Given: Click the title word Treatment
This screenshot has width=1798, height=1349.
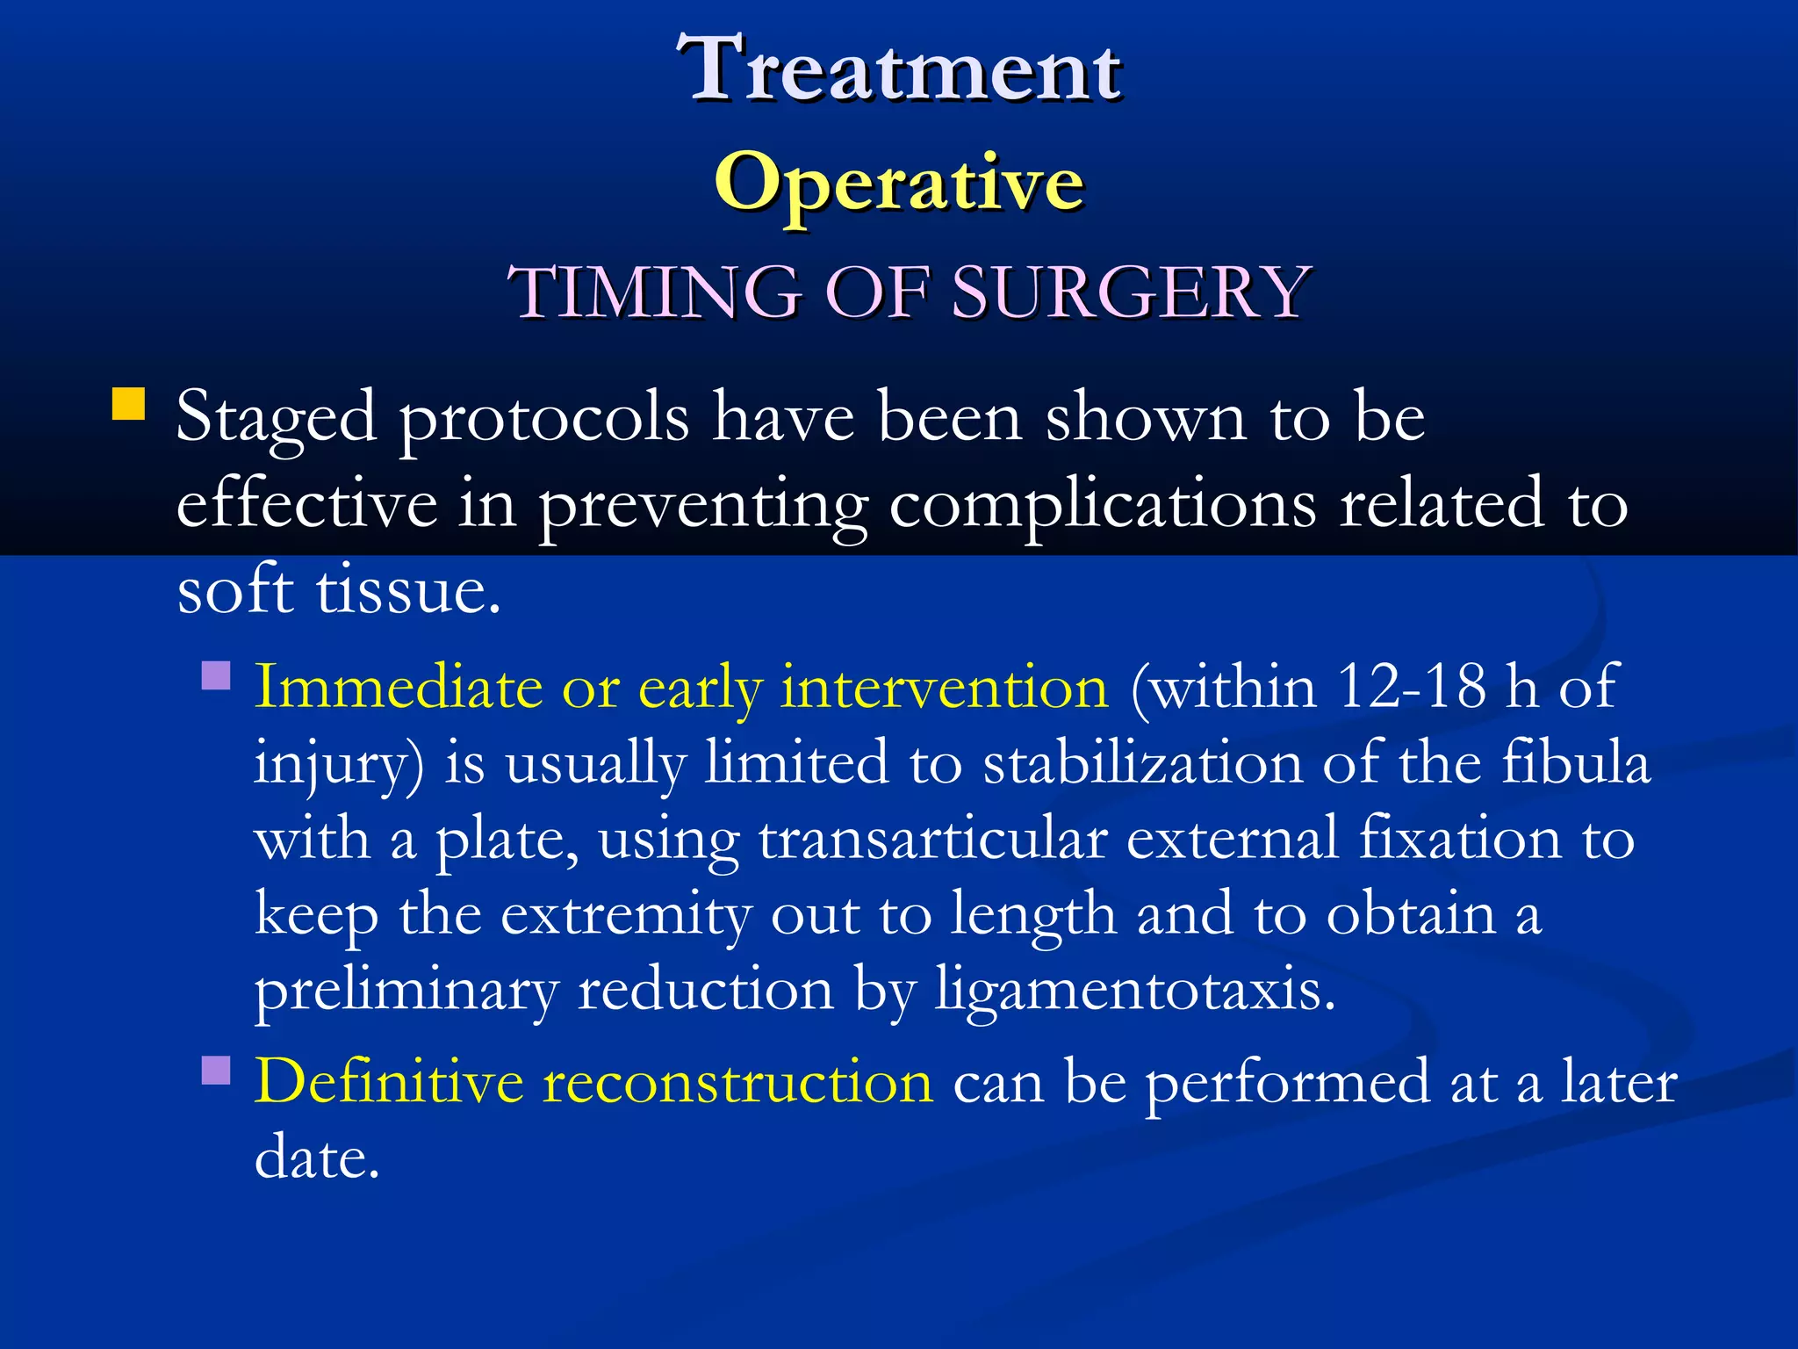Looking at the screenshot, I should coord(899,69).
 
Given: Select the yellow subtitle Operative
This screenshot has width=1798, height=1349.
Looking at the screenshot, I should coord(899,183).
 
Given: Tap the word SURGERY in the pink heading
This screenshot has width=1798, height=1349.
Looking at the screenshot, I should coord(1131,292).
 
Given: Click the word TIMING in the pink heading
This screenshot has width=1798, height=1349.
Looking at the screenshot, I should coord(653,292).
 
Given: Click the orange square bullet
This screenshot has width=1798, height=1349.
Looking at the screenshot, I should coord(129,405).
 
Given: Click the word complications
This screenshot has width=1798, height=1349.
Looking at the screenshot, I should coord(1102,506).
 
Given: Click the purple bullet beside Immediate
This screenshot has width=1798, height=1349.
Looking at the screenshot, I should coord(216,675).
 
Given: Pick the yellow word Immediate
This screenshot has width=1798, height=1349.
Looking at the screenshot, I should coord(398,687).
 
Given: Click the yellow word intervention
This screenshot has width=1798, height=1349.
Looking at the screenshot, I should coord(945,687).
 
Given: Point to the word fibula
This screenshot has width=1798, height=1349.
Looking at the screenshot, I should coord(1576,762).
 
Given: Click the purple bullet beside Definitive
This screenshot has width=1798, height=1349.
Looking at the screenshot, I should coord(216,1071).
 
